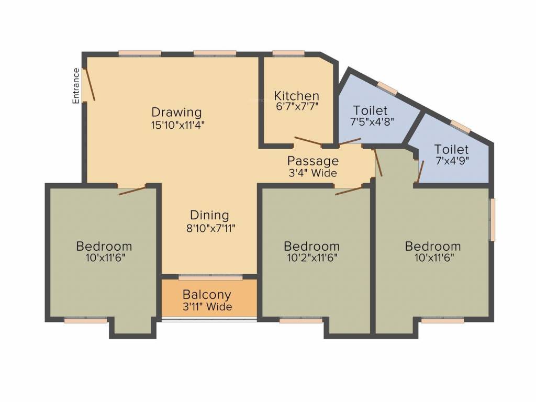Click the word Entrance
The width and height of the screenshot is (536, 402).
point(76,85)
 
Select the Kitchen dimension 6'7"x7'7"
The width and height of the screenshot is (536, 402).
point(296,106)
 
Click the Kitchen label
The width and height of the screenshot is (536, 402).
point(296,96)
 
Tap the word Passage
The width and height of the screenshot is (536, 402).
point(312,161)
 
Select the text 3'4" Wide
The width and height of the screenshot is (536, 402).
point(312,173)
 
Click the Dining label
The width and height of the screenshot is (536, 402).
point(209,215)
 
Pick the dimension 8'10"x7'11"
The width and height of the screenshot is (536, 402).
point(209,228)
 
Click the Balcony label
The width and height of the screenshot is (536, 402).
point(207,295)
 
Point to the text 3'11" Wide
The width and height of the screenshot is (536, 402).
point(207,307)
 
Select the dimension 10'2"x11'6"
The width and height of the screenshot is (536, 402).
point(311,258)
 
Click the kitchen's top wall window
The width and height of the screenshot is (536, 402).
point(288,53)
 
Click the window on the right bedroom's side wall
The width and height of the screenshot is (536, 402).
point(492,220)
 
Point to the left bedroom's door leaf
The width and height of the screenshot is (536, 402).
point(132,191)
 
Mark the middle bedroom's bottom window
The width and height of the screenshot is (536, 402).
point(300,320)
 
